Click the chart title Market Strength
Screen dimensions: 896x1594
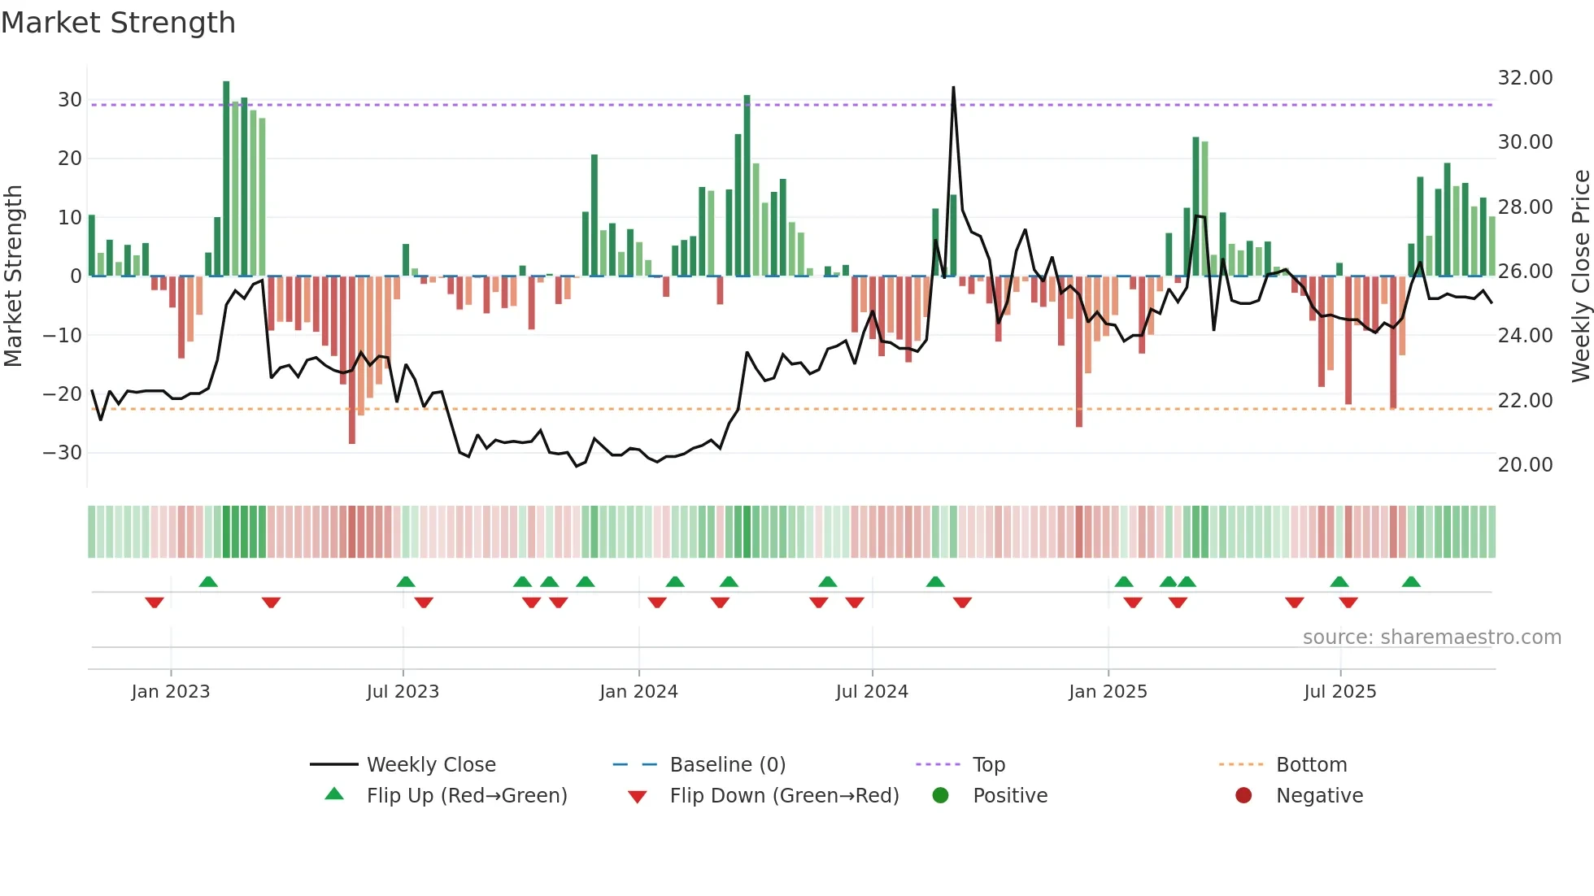118,23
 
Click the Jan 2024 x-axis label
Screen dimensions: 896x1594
638,691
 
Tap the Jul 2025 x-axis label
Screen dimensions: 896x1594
1339,691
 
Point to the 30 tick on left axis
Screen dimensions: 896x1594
70,100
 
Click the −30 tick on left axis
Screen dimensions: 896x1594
63,452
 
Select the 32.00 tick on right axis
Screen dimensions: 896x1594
1525,78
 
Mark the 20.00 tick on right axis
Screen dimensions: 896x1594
1525,464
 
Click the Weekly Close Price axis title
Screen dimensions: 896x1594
1580,276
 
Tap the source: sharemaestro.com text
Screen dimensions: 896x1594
1431,637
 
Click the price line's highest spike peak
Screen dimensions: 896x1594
953,88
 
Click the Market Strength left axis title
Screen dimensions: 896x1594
13,276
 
